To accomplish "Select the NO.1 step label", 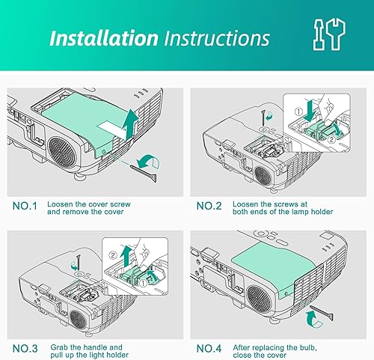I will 25,204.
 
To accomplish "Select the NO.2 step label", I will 212,204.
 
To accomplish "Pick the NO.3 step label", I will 25,348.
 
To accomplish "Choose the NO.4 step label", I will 212,348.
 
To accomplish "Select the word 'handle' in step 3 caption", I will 99,347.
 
